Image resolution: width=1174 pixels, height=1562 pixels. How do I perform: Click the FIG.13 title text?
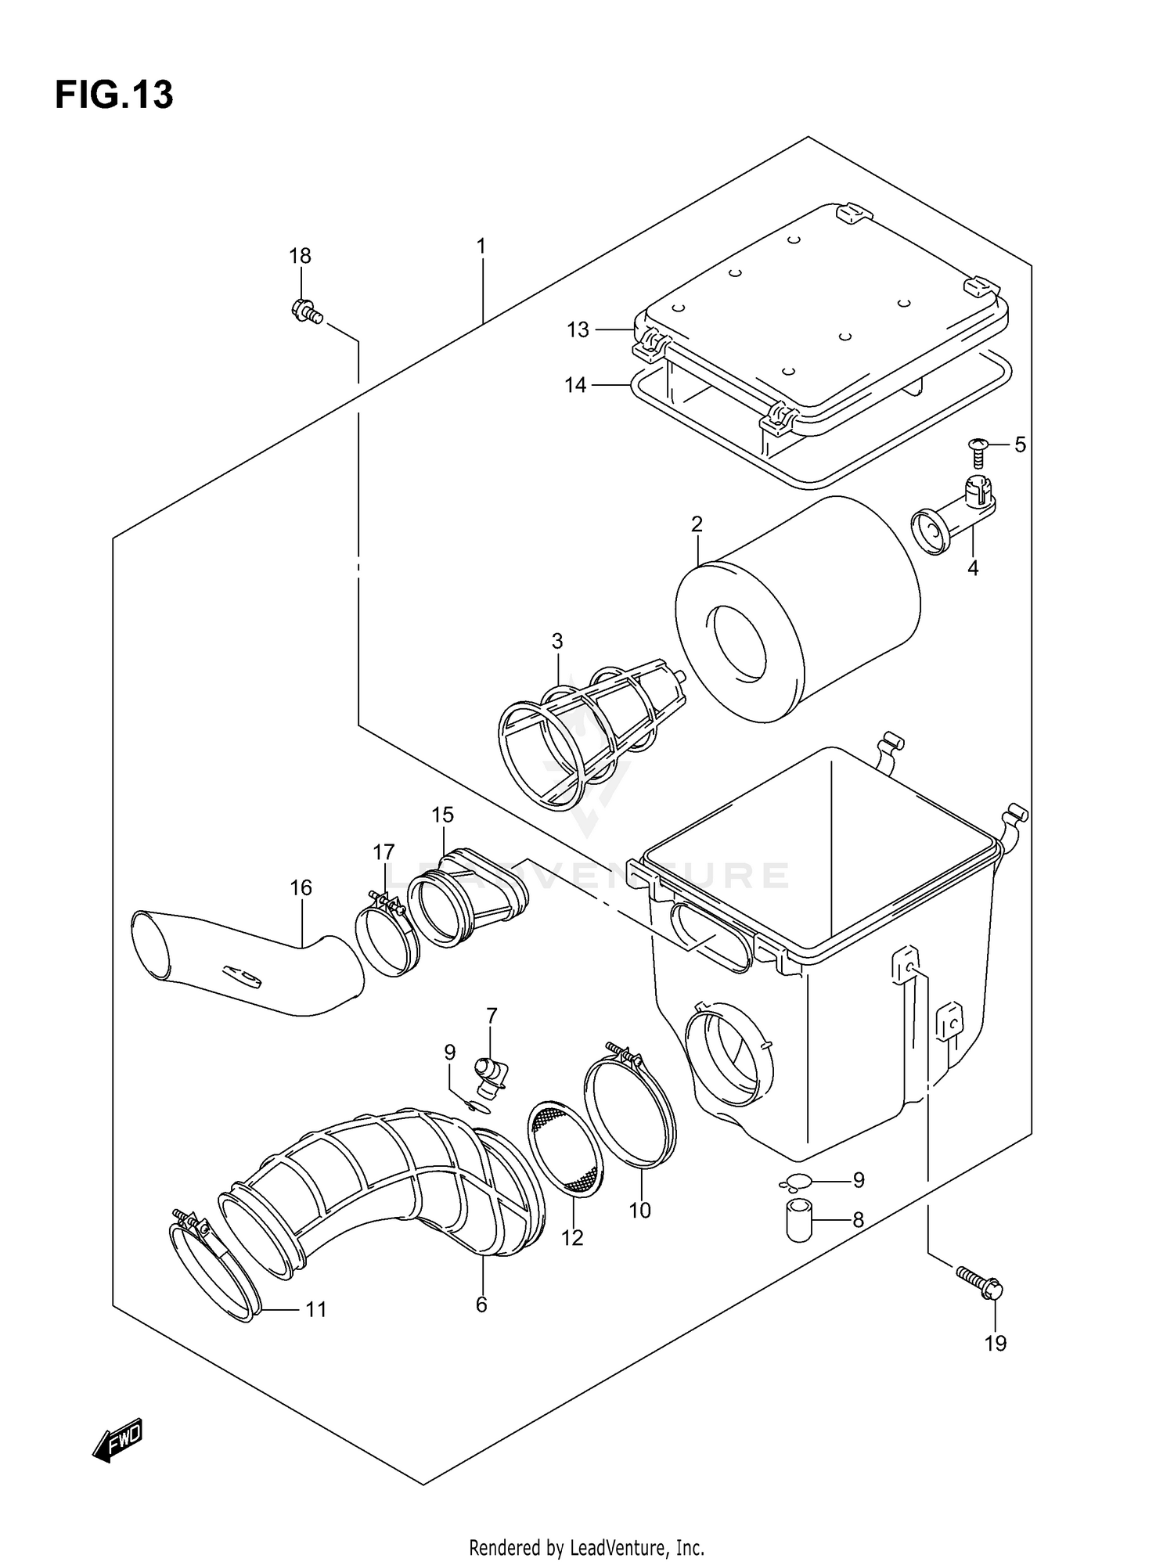point(114,95)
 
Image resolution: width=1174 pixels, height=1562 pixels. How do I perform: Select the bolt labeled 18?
point(306,312)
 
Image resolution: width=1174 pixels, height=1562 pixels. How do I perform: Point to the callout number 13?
point(578,330)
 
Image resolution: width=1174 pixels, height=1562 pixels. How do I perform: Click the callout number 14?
point(576,385)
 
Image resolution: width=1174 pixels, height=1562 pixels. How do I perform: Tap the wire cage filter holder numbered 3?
point(583,740)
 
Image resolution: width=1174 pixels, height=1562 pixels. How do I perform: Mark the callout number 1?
point(481,247)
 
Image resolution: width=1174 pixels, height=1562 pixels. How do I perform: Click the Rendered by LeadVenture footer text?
point(586,1525)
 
